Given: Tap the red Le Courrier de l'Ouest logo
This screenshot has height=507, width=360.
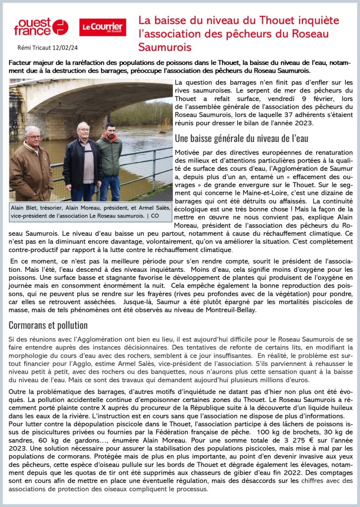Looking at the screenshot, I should [103, 27].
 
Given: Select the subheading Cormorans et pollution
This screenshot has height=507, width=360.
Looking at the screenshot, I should [48, 325].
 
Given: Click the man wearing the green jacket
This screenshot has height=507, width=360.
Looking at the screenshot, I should [109, 158].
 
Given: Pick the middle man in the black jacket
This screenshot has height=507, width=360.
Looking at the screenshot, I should [83, 158].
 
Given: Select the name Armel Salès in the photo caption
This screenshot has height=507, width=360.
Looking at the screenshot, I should [149, 207].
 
